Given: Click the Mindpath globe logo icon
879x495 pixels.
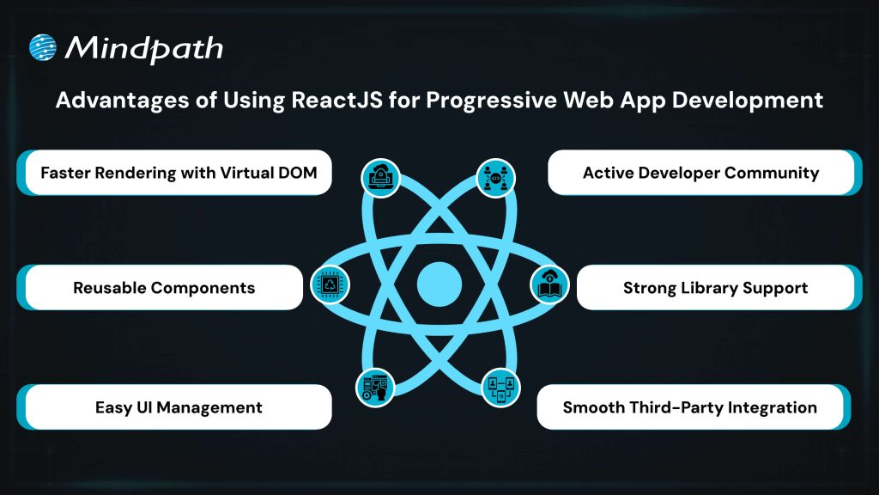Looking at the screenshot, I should point(44,48).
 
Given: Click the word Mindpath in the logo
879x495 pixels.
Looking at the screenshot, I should point(144,48).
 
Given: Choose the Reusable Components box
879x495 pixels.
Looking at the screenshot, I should point(164,287).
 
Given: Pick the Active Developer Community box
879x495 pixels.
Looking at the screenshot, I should point(700,173).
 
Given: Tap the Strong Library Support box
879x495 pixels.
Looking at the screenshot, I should point(715,287).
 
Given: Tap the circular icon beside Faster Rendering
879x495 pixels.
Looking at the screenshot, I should point(379,176).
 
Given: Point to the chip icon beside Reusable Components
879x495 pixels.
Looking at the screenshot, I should point(330,284).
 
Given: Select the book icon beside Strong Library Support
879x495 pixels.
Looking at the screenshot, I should point(549,283).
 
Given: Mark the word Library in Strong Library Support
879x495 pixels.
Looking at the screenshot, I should point(706,287).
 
